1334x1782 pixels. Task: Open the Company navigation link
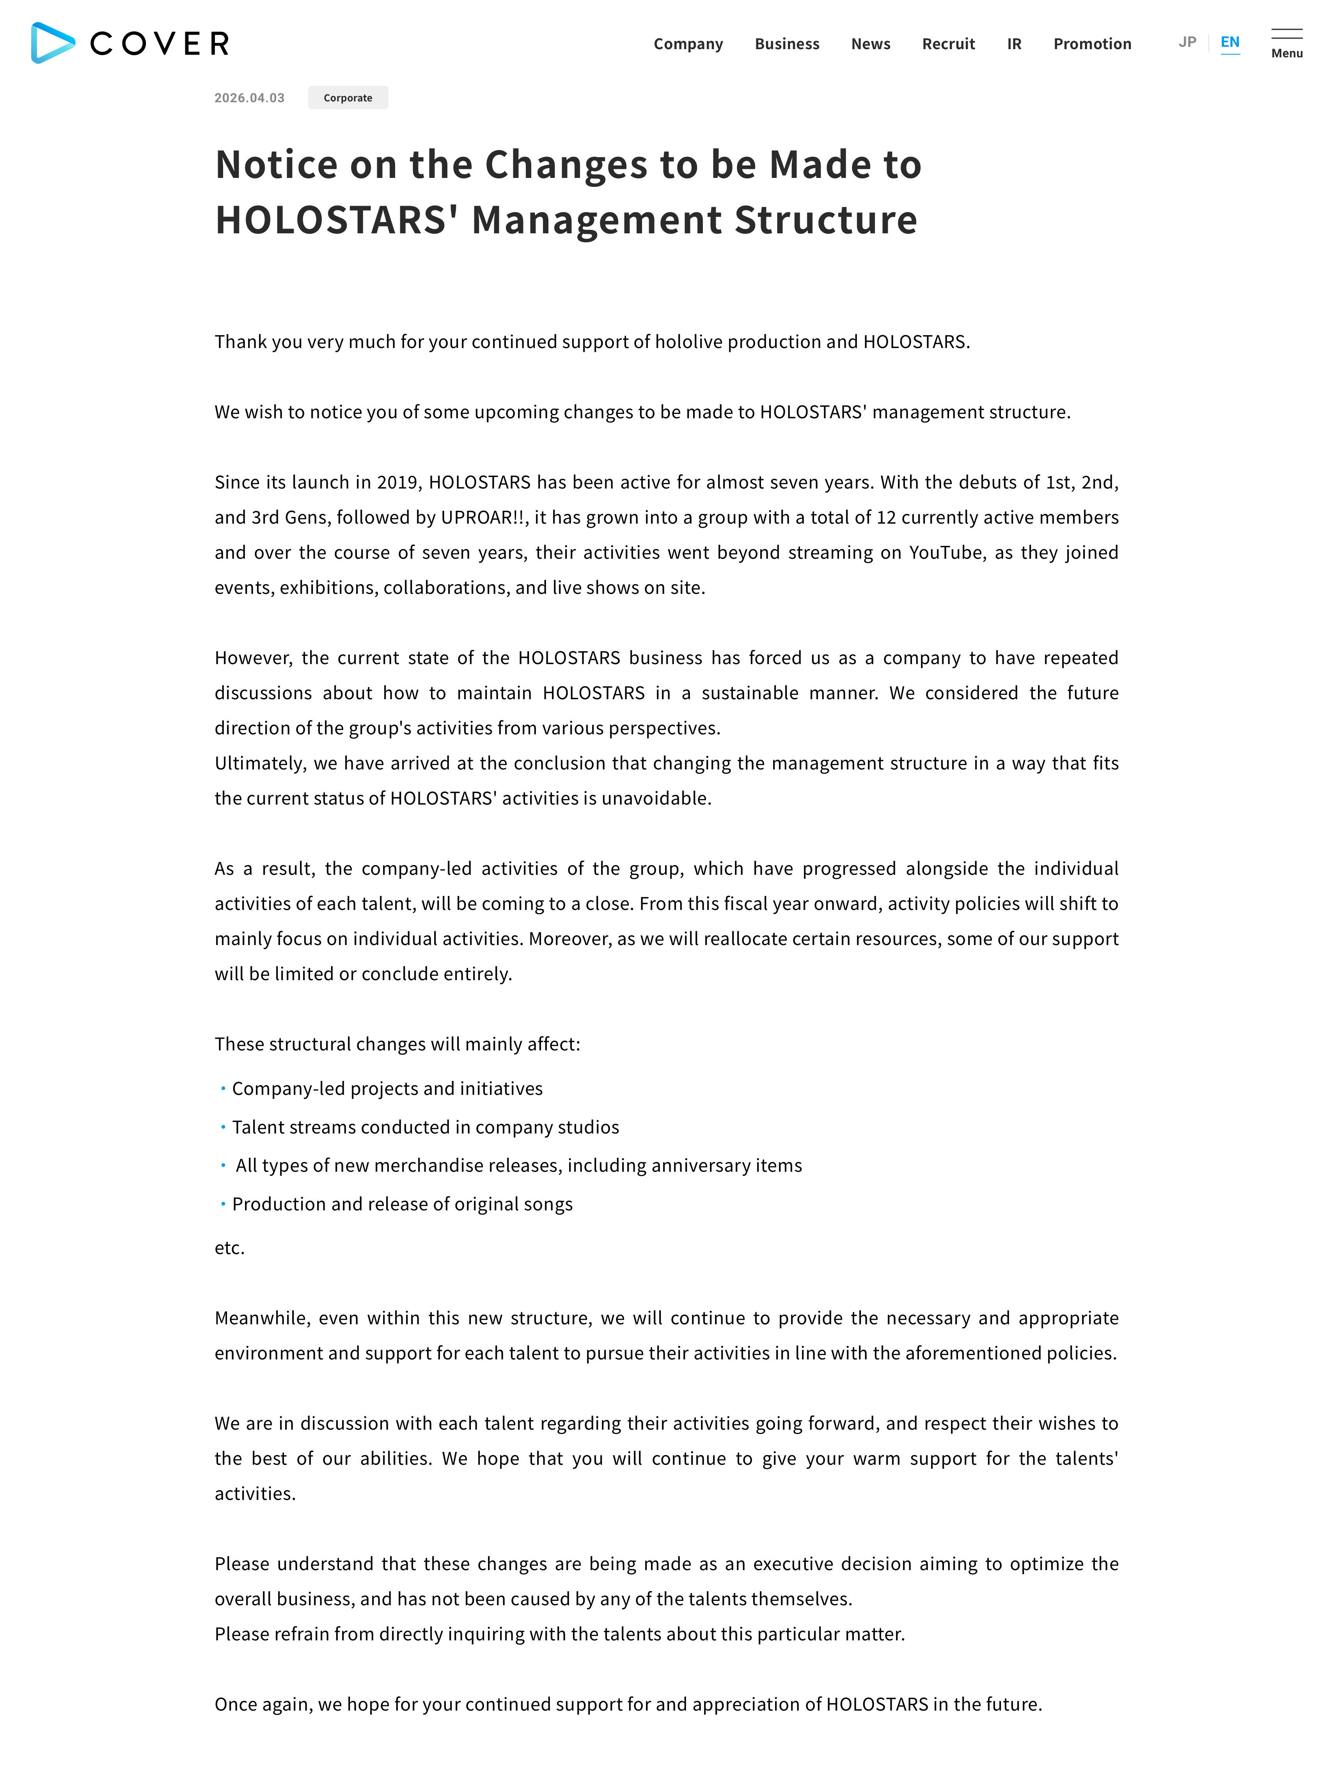(x=688, y=43)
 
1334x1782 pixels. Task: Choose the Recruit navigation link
(x=948, y=43)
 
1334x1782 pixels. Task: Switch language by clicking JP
(x=1187, y=42)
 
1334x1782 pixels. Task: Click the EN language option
(x=1229, y=42)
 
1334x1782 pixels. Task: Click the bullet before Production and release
(x=223, y=1204)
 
